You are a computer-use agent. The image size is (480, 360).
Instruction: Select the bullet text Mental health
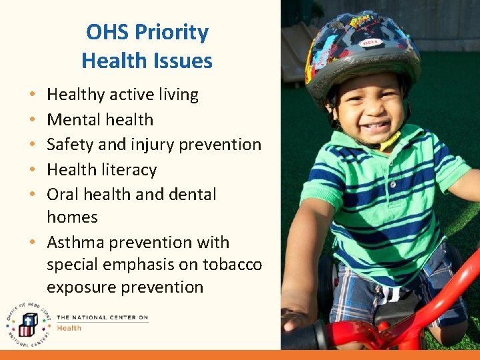(x=100, y=120)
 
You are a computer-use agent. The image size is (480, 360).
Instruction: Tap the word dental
(x=193, y=195)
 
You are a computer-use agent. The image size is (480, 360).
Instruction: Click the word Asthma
(x=75, y=243)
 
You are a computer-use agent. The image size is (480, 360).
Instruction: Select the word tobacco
(x=233, y=265)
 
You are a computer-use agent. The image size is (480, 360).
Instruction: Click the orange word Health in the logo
(x=69, y=328)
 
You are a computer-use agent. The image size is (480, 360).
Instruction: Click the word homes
(x=72, y=217)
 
